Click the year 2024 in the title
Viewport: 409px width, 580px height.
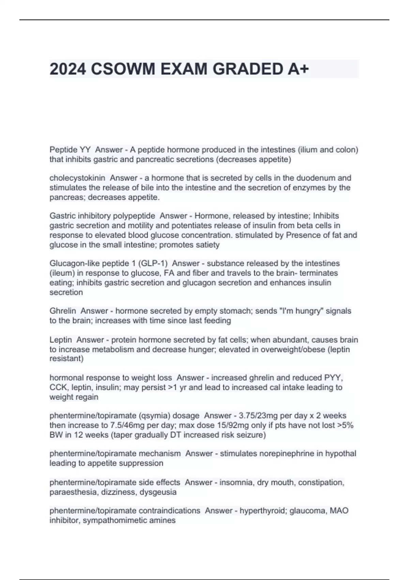pos(68,69)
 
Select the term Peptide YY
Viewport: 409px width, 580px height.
pos(70,150)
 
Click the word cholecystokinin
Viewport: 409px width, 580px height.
pos(77,178)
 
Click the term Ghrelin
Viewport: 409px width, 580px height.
pos(63,311)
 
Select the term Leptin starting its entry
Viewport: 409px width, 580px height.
pos(61,340)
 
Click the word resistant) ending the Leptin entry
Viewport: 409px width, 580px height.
pos(66,359)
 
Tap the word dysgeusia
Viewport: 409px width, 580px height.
pos(158,492)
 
